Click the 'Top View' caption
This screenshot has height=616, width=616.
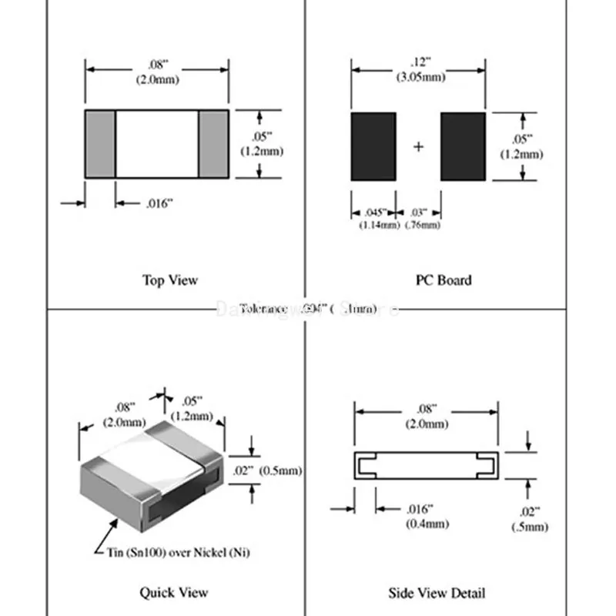coord(169,280)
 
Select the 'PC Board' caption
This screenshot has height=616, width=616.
coord(444,280)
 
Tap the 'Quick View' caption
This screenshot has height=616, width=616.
coord(173,592)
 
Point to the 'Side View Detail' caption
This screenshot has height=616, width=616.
coord(437,593)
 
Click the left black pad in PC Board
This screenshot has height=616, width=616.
coord(373,146)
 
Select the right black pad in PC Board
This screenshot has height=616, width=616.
coord(463,146)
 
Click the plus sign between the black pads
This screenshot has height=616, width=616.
coord(419,146)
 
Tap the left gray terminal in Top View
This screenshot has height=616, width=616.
coord(100,143)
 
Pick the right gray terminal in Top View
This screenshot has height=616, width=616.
coord(214,143)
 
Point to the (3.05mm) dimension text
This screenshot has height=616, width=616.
coord(420,77)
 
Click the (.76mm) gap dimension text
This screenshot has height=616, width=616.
coord(423,225)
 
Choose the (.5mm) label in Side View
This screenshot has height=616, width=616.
coord(530,527)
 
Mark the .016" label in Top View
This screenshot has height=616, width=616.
coord(159,203)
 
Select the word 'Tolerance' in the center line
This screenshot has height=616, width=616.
coord(263,309)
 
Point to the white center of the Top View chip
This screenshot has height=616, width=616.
coord(157,143)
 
